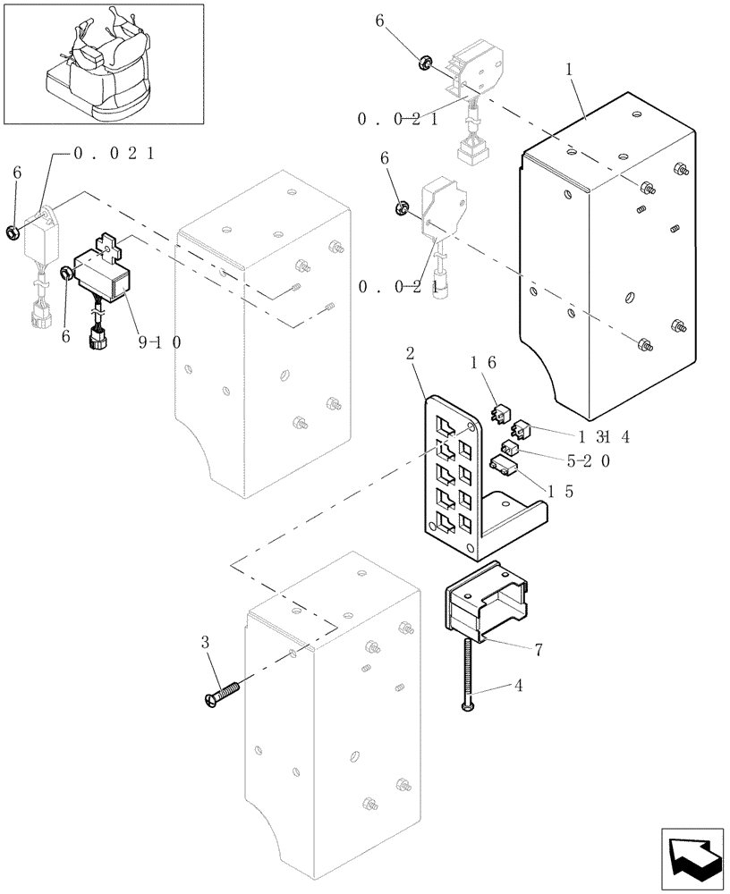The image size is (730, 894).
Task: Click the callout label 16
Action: point(483,362)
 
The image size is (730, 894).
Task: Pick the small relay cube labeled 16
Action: point(501,413)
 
